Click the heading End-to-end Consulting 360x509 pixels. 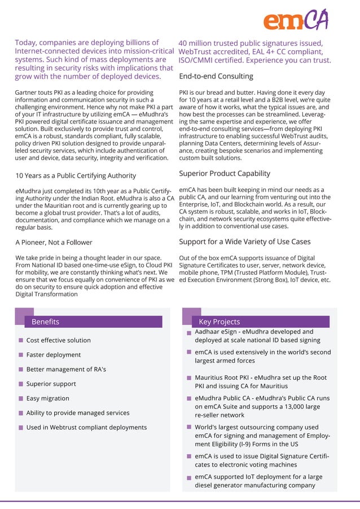pos(216,76)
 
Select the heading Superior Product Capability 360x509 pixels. pos(225,173)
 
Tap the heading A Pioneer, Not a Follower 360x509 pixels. pos(54,242)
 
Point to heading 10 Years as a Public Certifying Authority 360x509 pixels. pos(75,175)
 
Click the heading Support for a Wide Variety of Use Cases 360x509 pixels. pos(244,242)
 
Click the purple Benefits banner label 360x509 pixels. pos(45,322)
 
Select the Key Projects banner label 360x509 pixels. pos(219,322)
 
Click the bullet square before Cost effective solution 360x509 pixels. pos(21,340)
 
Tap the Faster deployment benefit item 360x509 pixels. pos(53,355)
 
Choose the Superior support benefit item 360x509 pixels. pos(51,384)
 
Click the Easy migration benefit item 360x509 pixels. pos(47,398)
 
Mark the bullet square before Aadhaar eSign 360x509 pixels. pos(190,334)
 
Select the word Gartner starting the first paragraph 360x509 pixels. pos(27,93)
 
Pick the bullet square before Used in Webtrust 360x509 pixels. pos(21,428)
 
